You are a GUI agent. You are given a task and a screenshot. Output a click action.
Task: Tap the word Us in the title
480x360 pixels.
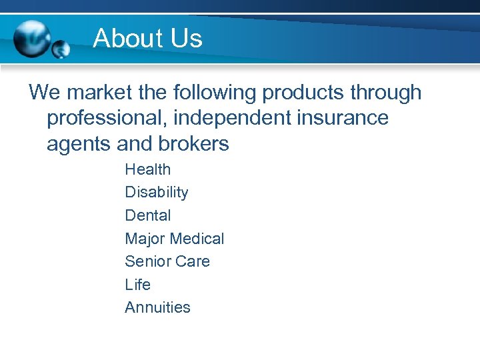[x=187, y=39]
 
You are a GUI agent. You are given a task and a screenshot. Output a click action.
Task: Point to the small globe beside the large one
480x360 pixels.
[x=60, y=49]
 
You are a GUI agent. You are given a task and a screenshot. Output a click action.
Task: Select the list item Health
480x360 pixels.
[x=147, y=169]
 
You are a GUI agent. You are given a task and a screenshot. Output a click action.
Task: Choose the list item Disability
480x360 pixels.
[x=156, y=193]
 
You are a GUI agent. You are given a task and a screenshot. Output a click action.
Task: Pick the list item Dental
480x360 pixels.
[x=147, y=215]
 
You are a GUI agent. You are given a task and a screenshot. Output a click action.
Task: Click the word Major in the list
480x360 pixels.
[x=145, y=239]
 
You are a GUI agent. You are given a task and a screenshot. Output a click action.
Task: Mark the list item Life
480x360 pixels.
[x=137, y=285]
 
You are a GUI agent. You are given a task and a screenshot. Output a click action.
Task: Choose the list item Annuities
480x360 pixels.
[x=157, y=307]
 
